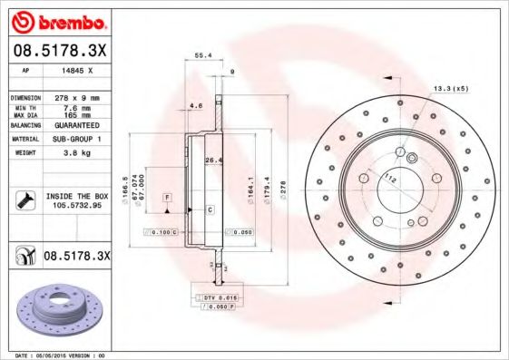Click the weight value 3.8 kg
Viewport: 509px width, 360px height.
tap(73, 152)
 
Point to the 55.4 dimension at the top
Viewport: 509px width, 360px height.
tap(204, 56)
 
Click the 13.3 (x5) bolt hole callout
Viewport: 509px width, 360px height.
tap(450, 88)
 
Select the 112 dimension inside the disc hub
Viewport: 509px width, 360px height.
tap(391, 179)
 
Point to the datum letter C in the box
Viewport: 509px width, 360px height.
tap(210, 209)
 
